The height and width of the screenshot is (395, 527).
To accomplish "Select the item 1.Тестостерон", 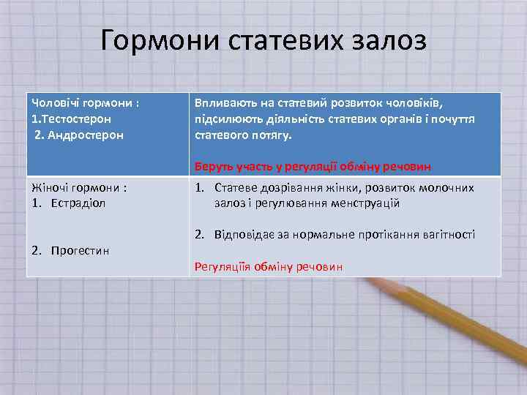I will coord(72,118).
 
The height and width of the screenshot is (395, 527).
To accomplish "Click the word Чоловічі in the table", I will coord(53,102).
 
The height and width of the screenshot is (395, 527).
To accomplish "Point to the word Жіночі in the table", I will coord(50,187).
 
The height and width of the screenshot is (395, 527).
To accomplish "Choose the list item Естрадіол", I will coord(78,203).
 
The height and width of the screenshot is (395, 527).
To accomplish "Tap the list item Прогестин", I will coord(80,251).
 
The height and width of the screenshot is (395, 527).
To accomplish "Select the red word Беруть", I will coord(213,166).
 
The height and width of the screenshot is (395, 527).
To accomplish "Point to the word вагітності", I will coord(448,235).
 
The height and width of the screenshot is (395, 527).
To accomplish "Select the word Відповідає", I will coord(247,235).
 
